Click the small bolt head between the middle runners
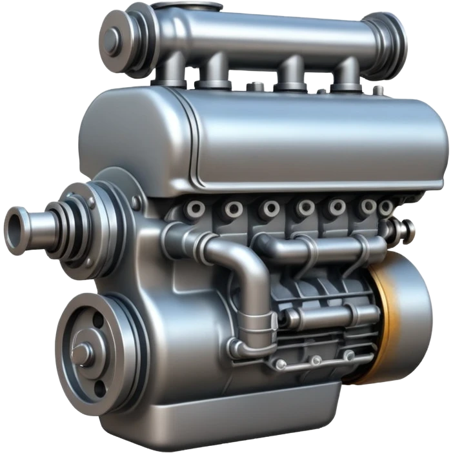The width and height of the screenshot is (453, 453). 257,86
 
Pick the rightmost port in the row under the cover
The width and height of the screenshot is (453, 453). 385,208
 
